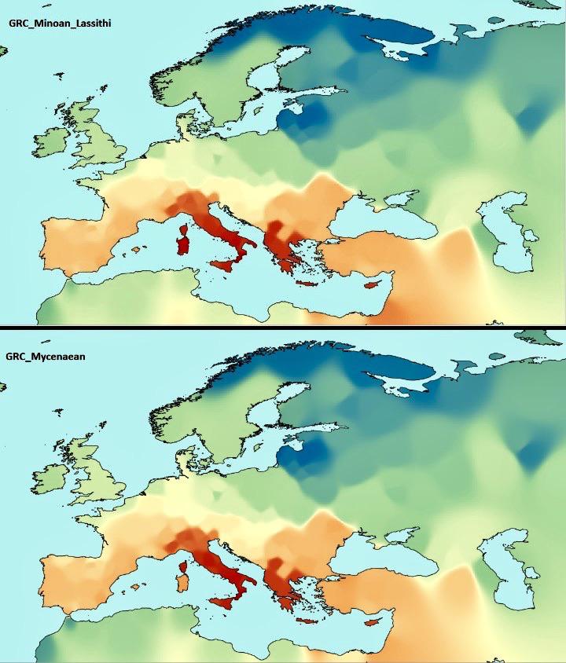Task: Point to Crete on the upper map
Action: [307, 283]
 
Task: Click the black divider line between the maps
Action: [283, 326]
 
